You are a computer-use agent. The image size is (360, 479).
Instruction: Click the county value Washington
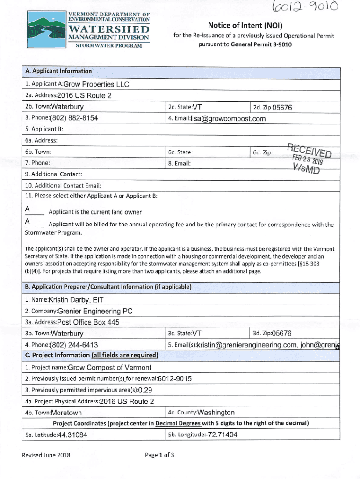point(216,413)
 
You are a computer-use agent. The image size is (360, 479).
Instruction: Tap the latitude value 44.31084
point(72,435)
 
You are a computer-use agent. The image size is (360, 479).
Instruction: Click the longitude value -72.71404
point(218,435)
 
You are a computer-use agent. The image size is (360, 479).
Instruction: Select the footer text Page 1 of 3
point(160,455)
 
